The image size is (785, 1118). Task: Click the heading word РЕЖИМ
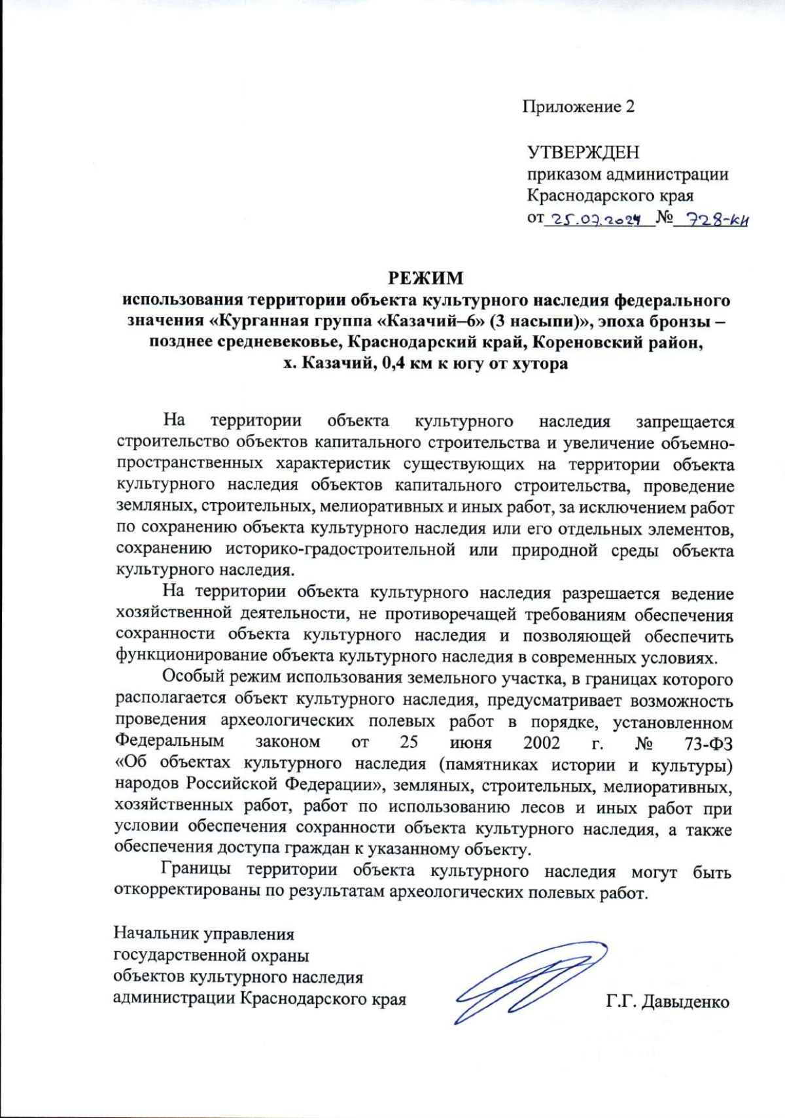coord(426,279)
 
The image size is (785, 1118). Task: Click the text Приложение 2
coord(578,107)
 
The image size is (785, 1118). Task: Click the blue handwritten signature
coord(530,980)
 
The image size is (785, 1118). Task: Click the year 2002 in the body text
coord(542,743)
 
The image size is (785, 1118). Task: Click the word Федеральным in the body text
coord(169,741)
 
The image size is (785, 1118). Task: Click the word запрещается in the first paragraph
coord(685,423)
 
